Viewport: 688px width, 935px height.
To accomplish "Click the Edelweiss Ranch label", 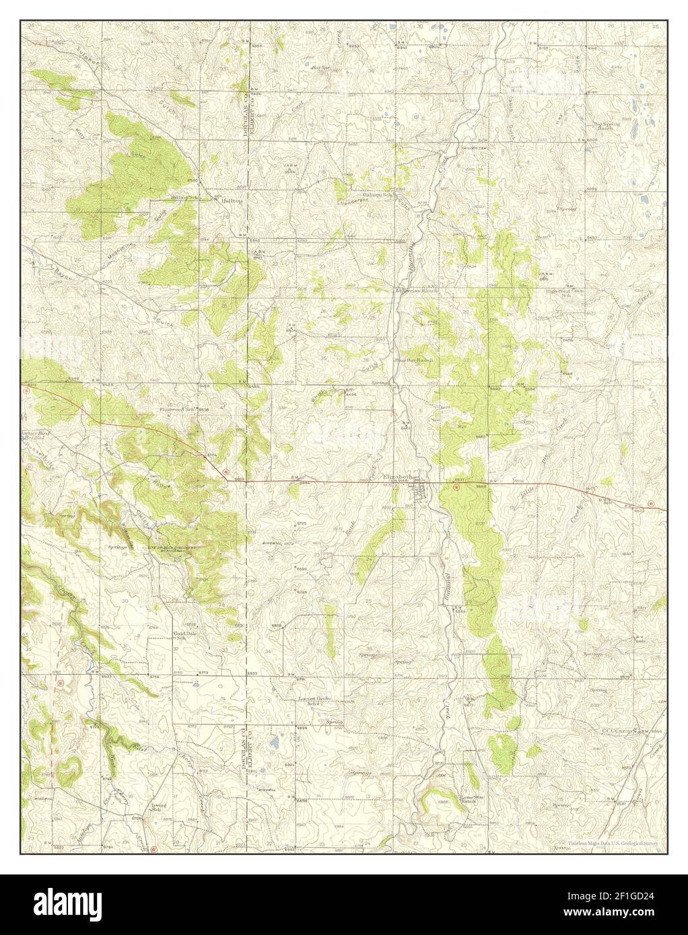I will click(417, 290).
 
